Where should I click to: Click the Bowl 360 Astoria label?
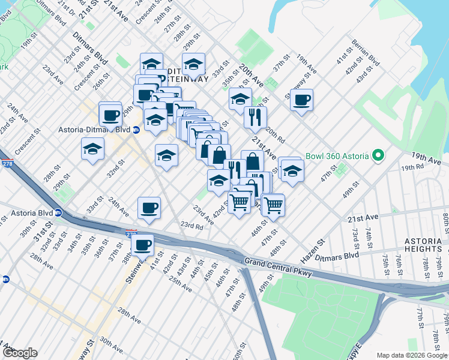(x=337, y=156)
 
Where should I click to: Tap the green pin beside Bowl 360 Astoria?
(x=378, y=156)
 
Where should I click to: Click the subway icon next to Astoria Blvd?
(x=58, y=212)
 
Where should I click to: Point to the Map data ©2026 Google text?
(x=411, y=355)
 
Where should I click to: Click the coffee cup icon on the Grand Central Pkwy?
(x=143, y=245)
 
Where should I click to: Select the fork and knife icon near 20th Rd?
(x=256, y=116)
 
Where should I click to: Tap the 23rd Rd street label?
(x=191, y=226)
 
